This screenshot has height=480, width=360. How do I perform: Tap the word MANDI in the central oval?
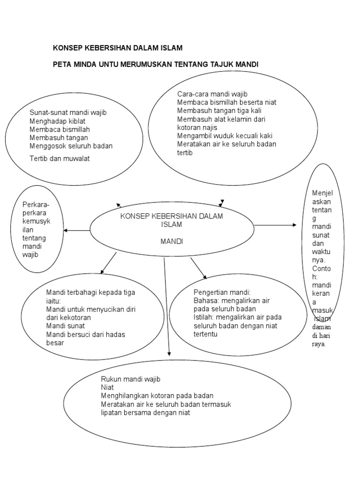pyautogui.click(x=172, y=241)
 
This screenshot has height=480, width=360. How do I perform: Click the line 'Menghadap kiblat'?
pyautogui.click(x=58, y=121)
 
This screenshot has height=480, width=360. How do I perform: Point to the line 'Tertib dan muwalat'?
pyautogui.click(x=60, y=158)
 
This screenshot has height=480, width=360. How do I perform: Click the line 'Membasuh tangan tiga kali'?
pyautogui.click(x=219, y=111)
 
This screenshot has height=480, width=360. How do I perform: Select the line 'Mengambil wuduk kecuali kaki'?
pyautogui.click(x=225, y=136)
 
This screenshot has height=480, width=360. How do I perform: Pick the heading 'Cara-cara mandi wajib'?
pyautogui.click(x=212, y=94)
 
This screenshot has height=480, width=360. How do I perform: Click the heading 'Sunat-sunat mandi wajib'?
pyautogui.click(x=68, y=112)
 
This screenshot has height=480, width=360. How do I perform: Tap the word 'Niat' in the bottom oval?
pyautogui.click(x=107, y=388)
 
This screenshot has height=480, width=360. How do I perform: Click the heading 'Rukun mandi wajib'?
pyautogui.click(x=131, y=379)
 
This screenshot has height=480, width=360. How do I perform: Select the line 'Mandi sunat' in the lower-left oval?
pyautogui.click(x=66, y=326)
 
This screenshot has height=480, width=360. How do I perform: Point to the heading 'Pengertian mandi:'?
pyautogui.click(x=222, y=292)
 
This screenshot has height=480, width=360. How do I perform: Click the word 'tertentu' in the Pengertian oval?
pyautogui.click(x=206, y=334)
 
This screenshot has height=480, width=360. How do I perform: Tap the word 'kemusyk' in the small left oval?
pyautogui.click(x=37, y=221)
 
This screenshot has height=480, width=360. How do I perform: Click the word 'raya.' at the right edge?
pyautogui.click(x=319, y=344)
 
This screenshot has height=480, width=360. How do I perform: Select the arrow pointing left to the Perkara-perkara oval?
pyautogui.click(x=77, y=231)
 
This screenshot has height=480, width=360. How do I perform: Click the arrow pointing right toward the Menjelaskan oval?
pyautogui.click(x=275, y=225)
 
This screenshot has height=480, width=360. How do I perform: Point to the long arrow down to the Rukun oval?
pyautogui.click(x=167, y=307)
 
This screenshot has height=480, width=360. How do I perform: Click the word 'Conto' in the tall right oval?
pyautogui.click(x=322, y=269)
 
